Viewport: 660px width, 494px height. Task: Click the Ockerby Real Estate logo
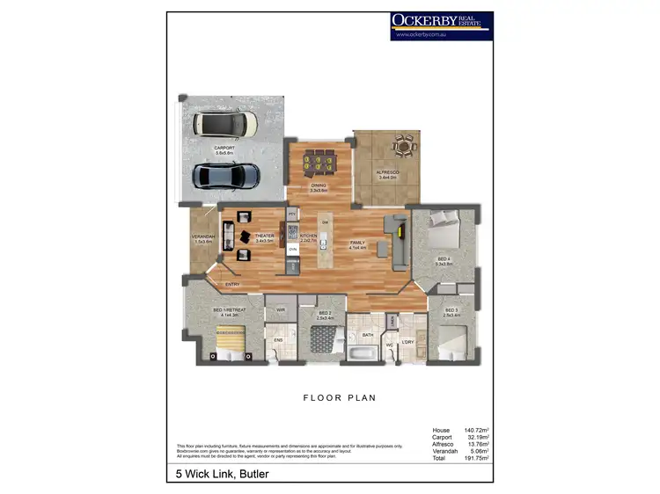[441, 25]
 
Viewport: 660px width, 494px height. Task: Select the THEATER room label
[264, 236]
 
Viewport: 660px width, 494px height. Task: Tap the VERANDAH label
[203, 238]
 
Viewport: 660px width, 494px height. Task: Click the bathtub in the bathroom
[362, 354]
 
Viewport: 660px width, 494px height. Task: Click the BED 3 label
[451, 310]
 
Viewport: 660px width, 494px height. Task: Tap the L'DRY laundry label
[407, 341]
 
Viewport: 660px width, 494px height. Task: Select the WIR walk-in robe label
[281, 310]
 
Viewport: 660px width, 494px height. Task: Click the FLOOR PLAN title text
[340, 398]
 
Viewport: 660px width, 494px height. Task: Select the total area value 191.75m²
[474, 458]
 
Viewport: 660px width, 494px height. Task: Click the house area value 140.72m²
[474, 431]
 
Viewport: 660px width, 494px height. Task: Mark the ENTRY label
[232, 284]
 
